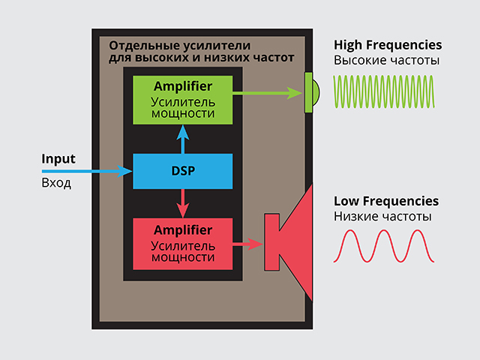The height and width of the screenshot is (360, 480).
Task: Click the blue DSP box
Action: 182,171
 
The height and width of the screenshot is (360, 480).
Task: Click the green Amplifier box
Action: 182,100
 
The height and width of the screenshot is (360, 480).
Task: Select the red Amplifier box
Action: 182,243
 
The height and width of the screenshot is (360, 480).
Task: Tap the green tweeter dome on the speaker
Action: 311,93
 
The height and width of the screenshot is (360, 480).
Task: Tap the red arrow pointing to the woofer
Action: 247,244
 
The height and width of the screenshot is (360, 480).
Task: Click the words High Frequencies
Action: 387,45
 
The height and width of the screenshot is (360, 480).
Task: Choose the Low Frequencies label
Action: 385,201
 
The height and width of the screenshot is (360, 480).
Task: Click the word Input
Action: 58,159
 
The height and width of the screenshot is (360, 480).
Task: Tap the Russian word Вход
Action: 56,182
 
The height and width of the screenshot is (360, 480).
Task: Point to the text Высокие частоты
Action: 386,61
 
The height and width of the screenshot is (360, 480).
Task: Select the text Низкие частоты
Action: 382,217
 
